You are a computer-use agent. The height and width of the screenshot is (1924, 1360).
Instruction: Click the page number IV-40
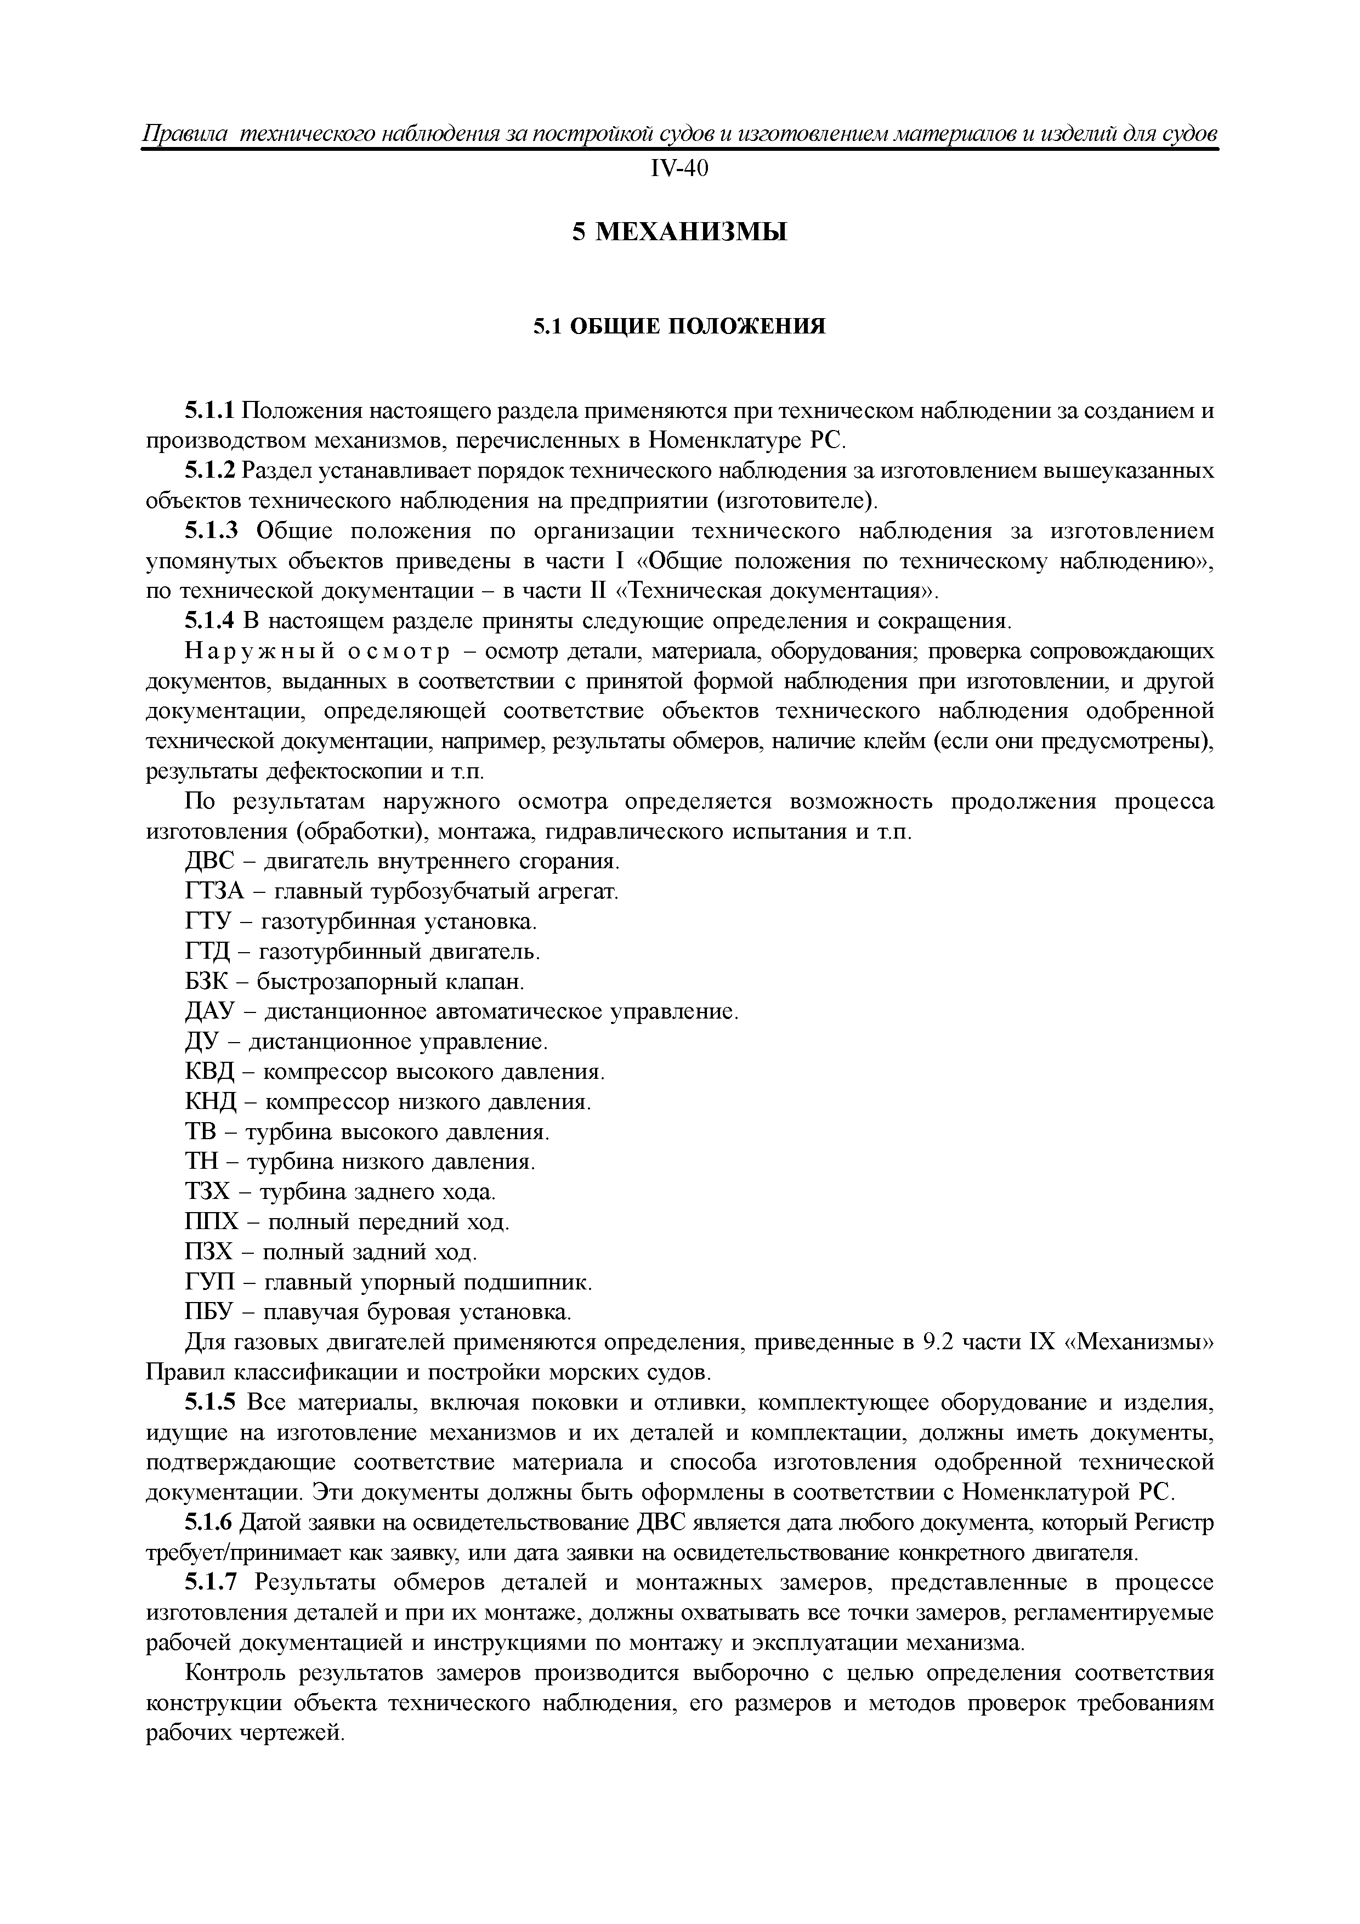click(679, 169)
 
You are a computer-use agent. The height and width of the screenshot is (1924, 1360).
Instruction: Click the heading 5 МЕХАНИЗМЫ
click(679, 232)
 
